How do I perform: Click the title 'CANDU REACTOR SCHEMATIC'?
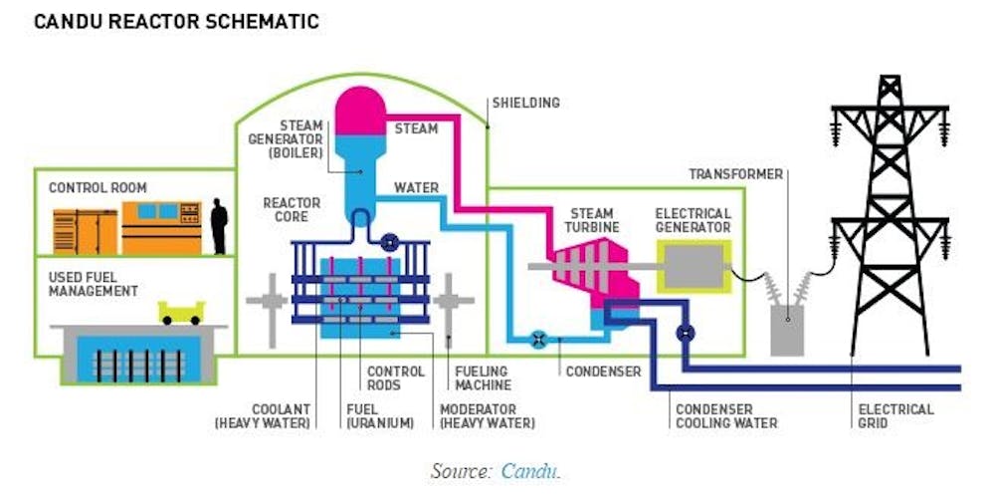point(177,21)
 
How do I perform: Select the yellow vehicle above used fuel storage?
point(182,312)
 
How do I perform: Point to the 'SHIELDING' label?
point(525,103)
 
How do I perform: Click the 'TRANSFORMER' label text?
point(736,175)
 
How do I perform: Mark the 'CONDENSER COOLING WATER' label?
point(726,416)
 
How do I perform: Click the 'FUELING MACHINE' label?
point(484,378)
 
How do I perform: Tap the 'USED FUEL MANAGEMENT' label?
point(94,284)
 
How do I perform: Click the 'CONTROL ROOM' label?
point(98,187)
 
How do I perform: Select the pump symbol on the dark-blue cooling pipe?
point(685,334)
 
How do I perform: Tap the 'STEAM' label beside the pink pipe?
point(416,128)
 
